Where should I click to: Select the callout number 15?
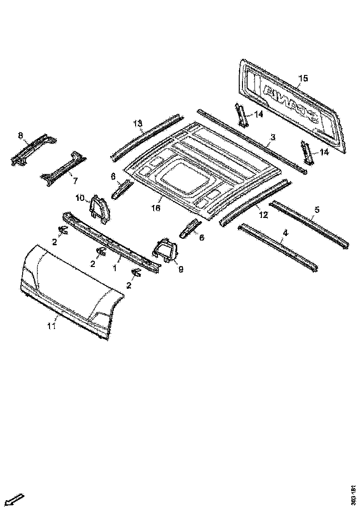click(302, 78)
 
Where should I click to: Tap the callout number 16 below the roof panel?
click(155, 209)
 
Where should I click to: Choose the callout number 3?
click(273, 137)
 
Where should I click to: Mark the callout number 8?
click(20, 135)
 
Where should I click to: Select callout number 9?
click(180, 268)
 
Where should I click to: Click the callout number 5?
click(317, 210)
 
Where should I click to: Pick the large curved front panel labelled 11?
click(69, 287)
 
